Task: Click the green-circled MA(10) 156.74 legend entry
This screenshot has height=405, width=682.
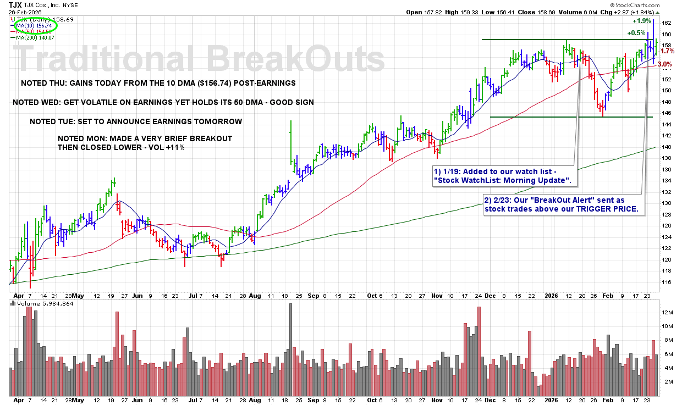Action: tap(34, 25)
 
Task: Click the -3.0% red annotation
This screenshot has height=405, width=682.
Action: tap(665, 64)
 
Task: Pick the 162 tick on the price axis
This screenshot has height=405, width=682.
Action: tap(667, 23)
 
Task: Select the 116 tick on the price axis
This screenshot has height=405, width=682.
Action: tap(667, 282)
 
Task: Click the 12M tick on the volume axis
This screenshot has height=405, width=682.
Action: tap(668, 312)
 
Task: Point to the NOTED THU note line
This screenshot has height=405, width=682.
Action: tap(158, 83)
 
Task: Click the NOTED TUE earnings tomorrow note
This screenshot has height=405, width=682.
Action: tap(135, 121)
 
